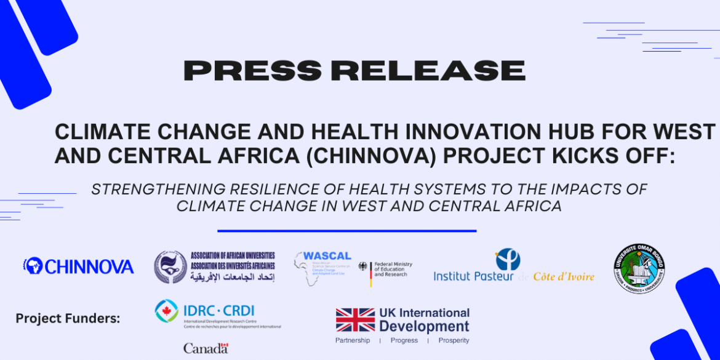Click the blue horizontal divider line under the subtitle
[347, 231]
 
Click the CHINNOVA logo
[78, 266]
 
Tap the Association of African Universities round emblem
[170, 267]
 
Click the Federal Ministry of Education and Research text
[393, 269]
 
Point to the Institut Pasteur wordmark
[474, 276]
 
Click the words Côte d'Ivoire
[564, 276]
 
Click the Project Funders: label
[68, 318]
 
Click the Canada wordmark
[206, 348]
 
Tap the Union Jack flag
[355, 320]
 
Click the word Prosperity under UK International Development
[454, 340]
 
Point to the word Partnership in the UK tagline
[353, 340]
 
